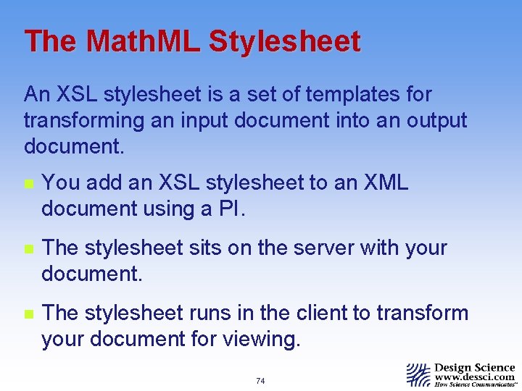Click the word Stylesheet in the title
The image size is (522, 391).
click(284, 41)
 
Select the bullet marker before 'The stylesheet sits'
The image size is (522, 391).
click(28, 249)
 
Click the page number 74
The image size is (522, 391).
click(260, 381)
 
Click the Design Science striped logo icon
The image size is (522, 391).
click(418, 374)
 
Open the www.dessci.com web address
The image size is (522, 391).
click(474, 377)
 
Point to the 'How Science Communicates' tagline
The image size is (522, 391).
click(475, 385)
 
